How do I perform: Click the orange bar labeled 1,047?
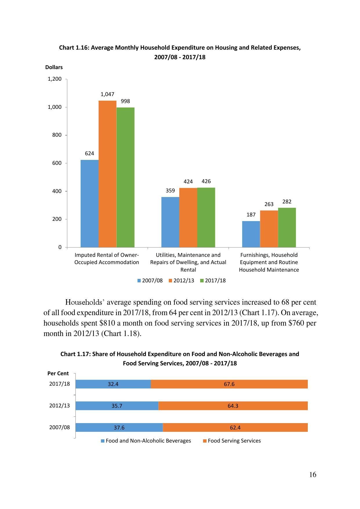[107, 174]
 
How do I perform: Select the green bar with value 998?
[125, 177]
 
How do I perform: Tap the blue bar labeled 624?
[89, 203]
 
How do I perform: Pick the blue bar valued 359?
[170, 222]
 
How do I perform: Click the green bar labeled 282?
[287, 228]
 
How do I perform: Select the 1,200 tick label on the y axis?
[55, 79]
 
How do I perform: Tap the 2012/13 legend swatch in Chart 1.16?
[171, 281]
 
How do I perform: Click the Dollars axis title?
[54, 67]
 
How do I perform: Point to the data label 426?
[206, 181]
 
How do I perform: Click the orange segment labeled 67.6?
[229, 384]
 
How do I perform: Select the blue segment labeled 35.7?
[117, 406]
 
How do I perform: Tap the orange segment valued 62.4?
[235, 427]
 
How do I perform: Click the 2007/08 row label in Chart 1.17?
[59, 427]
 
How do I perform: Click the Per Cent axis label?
[58, 373]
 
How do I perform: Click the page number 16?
[313, 475]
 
